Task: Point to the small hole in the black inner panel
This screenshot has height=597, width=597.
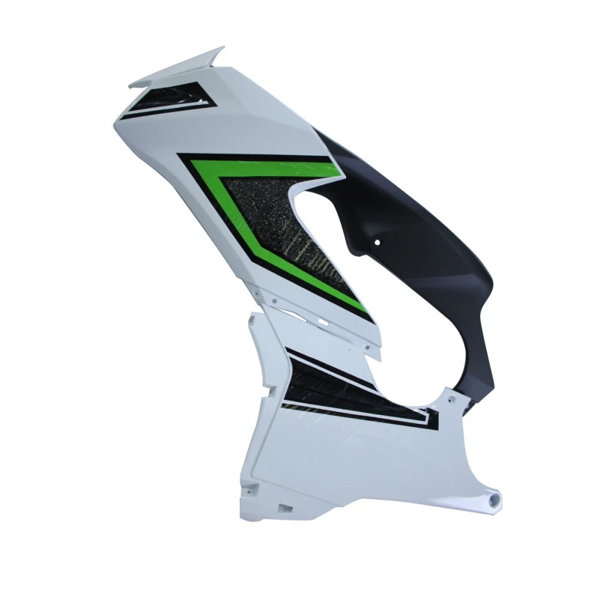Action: click(x=378, y=243)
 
